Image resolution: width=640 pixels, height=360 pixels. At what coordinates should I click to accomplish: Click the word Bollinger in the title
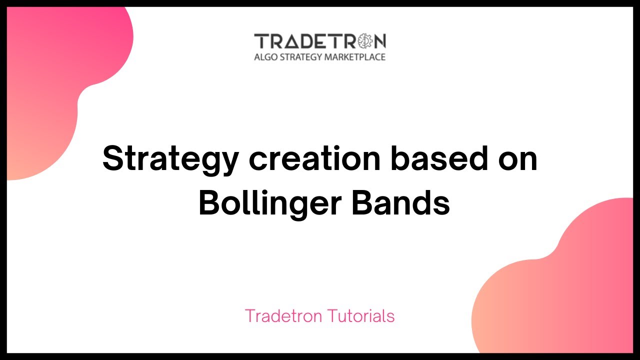(270, 204)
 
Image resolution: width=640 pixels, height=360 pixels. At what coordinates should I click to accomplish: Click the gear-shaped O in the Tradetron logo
(364, 41)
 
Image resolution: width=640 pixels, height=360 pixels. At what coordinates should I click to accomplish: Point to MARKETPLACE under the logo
(355, 57)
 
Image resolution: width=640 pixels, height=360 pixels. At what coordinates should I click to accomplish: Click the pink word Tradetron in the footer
(283, 316)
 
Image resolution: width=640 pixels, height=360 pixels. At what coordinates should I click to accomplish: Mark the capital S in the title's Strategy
(114, 158)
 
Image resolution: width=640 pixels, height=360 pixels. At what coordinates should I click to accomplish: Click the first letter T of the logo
(260, 41)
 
